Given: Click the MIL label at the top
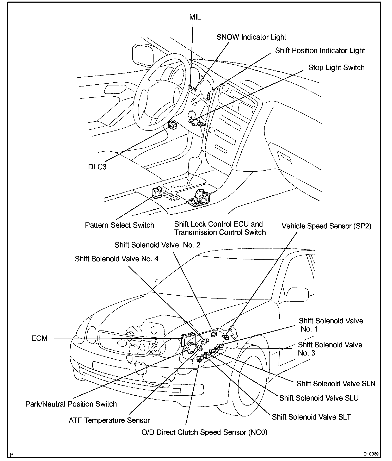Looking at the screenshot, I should pos(195,17).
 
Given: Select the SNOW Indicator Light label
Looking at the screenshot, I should pos(251,37).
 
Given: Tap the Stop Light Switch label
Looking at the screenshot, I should pos(336,68).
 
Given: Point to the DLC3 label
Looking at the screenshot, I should pos(97,167).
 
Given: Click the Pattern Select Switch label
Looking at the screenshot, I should pos(119,225).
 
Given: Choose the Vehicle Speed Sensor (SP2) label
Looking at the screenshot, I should pos(326,226).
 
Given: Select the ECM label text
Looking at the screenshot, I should pos(39,338).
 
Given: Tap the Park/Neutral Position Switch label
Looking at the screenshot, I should pos(71,404).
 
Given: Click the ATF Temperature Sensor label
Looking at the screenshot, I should pos(109,420).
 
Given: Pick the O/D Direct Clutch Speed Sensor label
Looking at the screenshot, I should pos(204,432).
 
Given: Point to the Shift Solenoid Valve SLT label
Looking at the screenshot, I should pos(311,417).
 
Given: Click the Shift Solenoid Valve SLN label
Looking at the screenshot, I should pos(336,384).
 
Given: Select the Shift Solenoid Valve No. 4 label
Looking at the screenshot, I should pos(117,259).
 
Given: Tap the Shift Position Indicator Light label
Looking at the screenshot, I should pos(320,51).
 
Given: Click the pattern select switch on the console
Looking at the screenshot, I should pos(157,193).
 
